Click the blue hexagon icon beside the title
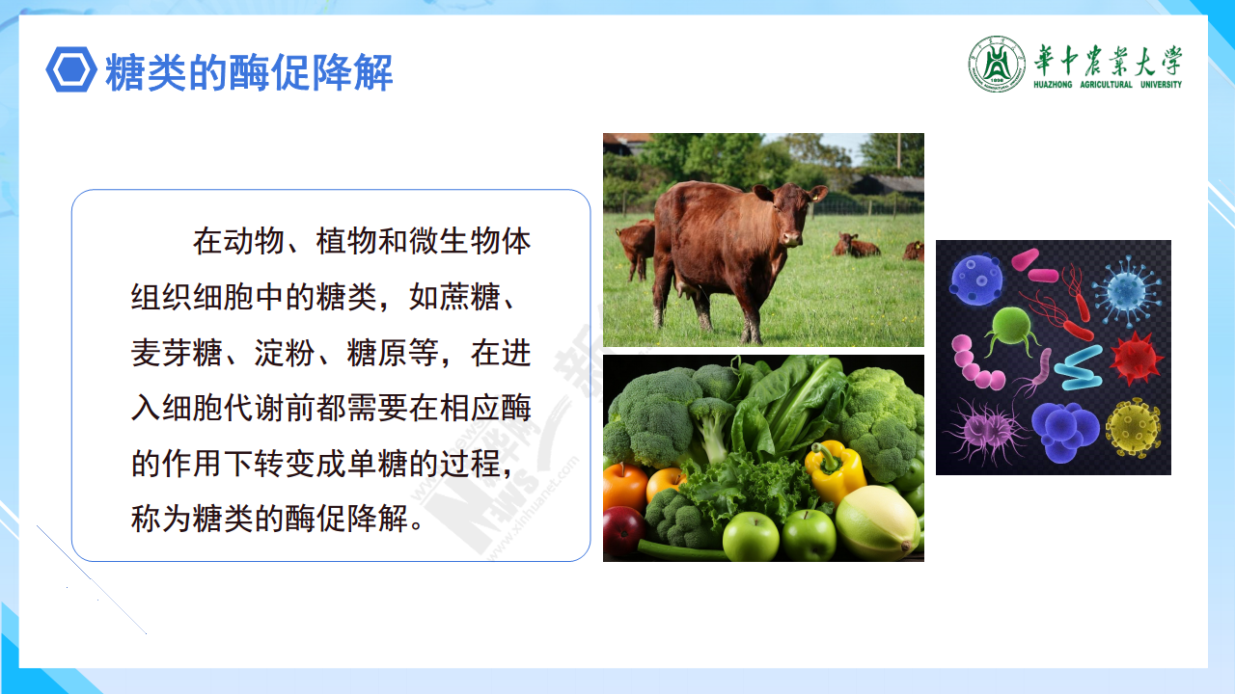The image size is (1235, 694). click(71, 70)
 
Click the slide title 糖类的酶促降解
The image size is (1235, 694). click(249, 72)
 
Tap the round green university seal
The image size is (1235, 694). click(997, 64)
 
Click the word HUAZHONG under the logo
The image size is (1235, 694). click(1053, 85)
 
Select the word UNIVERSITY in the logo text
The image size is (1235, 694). click(1161, 85)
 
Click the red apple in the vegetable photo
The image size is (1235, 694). click(623, 530)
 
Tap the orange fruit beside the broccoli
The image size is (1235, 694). click(624, 485)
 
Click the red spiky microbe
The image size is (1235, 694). click(1136, 358)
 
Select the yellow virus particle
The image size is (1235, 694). click(1134, 428)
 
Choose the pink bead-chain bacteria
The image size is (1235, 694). click(974, 363)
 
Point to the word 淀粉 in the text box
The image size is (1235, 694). click(285, 353)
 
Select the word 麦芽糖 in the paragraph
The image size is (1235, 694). click(177, 353)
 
